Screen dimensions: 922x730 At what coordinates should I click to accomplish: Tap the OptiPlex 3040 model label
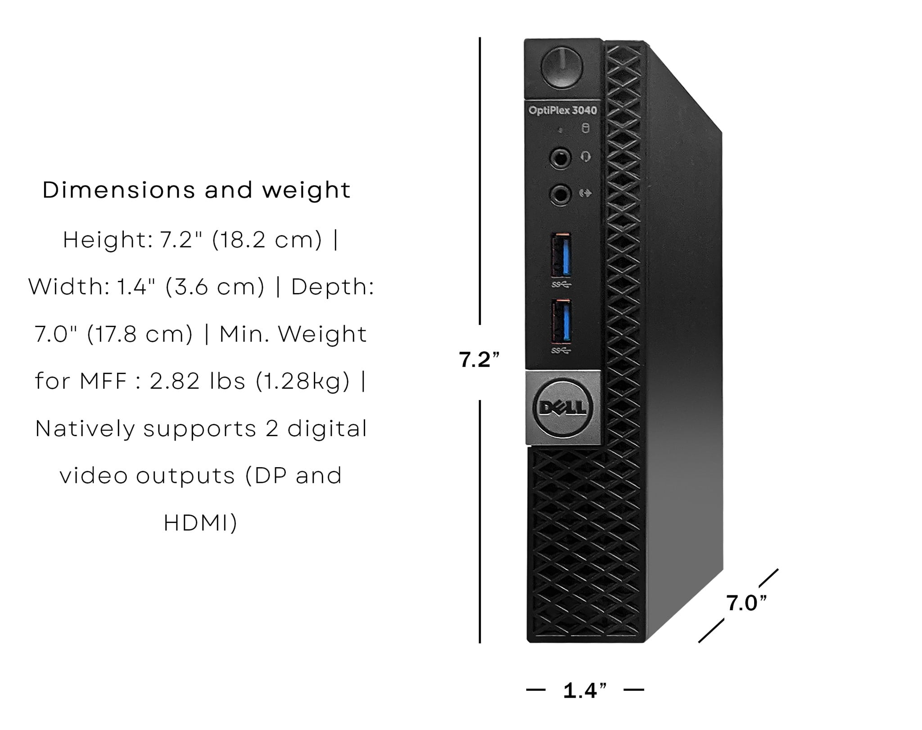click(x=563, y=110)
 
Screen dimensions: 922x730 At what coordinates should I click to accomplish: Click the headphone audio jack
click(x=560, y=158)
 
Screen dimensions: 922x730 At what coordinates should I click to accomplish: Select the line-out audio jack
click(x=560, y=195)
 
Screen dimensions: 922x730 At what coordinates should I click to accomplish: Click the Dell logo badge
click(x=563, y=407)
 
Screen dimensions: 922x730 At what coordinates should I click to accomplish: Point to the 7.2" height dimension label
click(x=479, y=360)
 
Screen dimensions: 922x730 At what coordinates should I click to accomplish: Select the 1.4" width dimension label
click(x=585, y=690)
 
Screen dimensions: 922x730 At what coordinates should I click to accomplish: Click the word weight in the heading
click(x=307, y=191)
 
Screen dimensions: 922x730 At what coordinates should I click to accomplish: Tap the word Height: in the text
click(x=108, y=240)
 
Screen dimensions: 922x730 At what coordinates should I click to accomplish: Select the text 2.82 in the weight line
click(x=175, y=381)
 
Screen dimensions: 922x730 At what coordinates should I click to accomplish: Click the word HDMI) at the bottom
click(x=201, y=523)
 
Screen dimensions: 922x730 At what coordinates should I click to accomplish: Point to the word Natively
click(x=85, y=429)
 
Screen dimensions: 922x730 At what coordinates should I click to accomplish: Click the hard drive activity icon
click(x=585, y=129)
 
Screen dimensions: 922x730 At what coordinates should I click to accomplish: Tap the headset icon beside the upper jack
click(x=585, y=157)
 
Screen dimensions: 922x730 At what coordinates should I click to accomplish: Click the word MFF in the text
click(x=104, y=382)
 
